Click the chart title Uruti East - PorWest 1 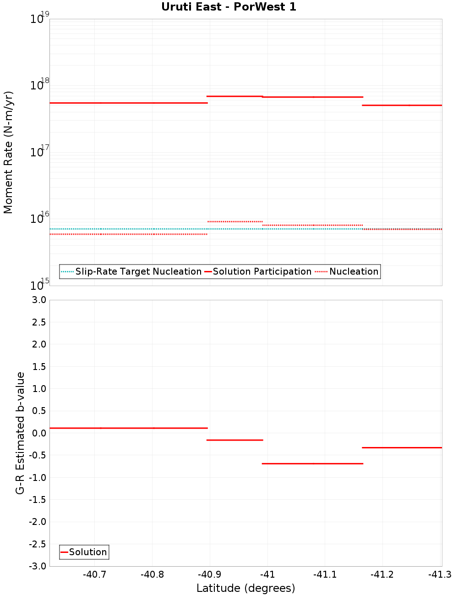[x=229, y=7]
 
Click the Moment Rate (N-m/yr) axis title [x=8, y=152]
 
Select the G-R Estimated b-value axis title [x=20, y=433]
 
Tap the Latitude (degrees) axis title [x=245, y=588]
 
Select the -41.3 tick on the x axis [x=440, y=575]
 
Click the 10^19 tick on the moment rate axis [x=38, y=19]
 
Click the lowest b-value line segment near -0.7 [x=312, y=464]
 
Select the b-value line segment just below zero [x=235, y=440]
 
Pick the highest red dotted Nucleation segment [x=235, y=221]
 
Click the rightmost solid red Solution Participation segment [x=402, y=105]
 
